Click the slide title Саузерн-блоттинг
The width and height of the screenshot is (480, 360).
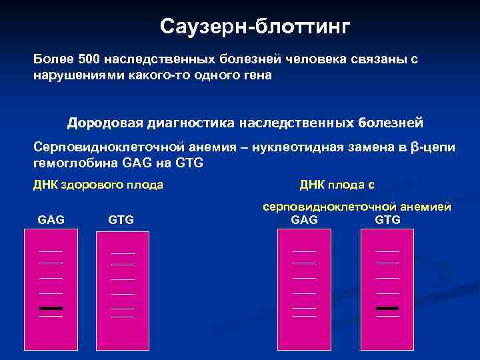[255, 27]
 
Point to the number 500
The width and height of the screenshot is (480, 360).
[89, 59]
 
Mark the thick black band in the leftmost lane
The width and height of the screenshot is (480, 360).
[51, 308]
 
